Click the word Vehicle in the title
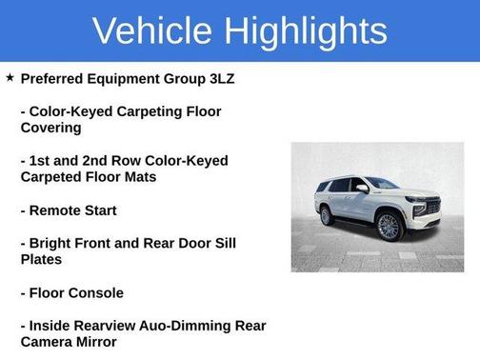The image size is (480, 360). [x=153, y=31]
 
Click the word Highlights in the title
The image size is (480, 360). [x=304, y=31]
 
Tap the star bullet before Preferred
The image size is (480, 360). [x=10, y=77]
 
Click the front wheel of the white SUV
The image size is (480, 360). [x=389, y=226]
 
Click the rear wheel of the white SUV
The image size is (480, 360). [x=327, y=215]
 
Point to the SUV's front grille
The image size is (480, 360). [x=431, y=207]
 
